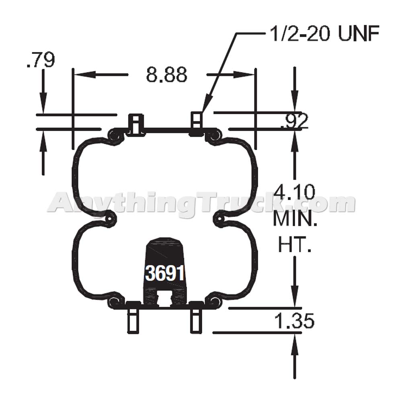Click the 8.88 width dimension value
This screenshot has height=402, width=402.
166,75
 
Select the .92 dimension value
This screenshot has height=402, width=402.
294,120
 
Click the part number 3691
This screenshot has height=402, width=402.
165,274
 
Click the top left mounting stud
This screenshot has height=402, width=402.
135,123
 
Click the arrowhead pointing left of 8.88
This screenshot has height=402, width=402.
80,75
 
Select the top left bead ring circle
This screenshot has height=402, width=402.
116,135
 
